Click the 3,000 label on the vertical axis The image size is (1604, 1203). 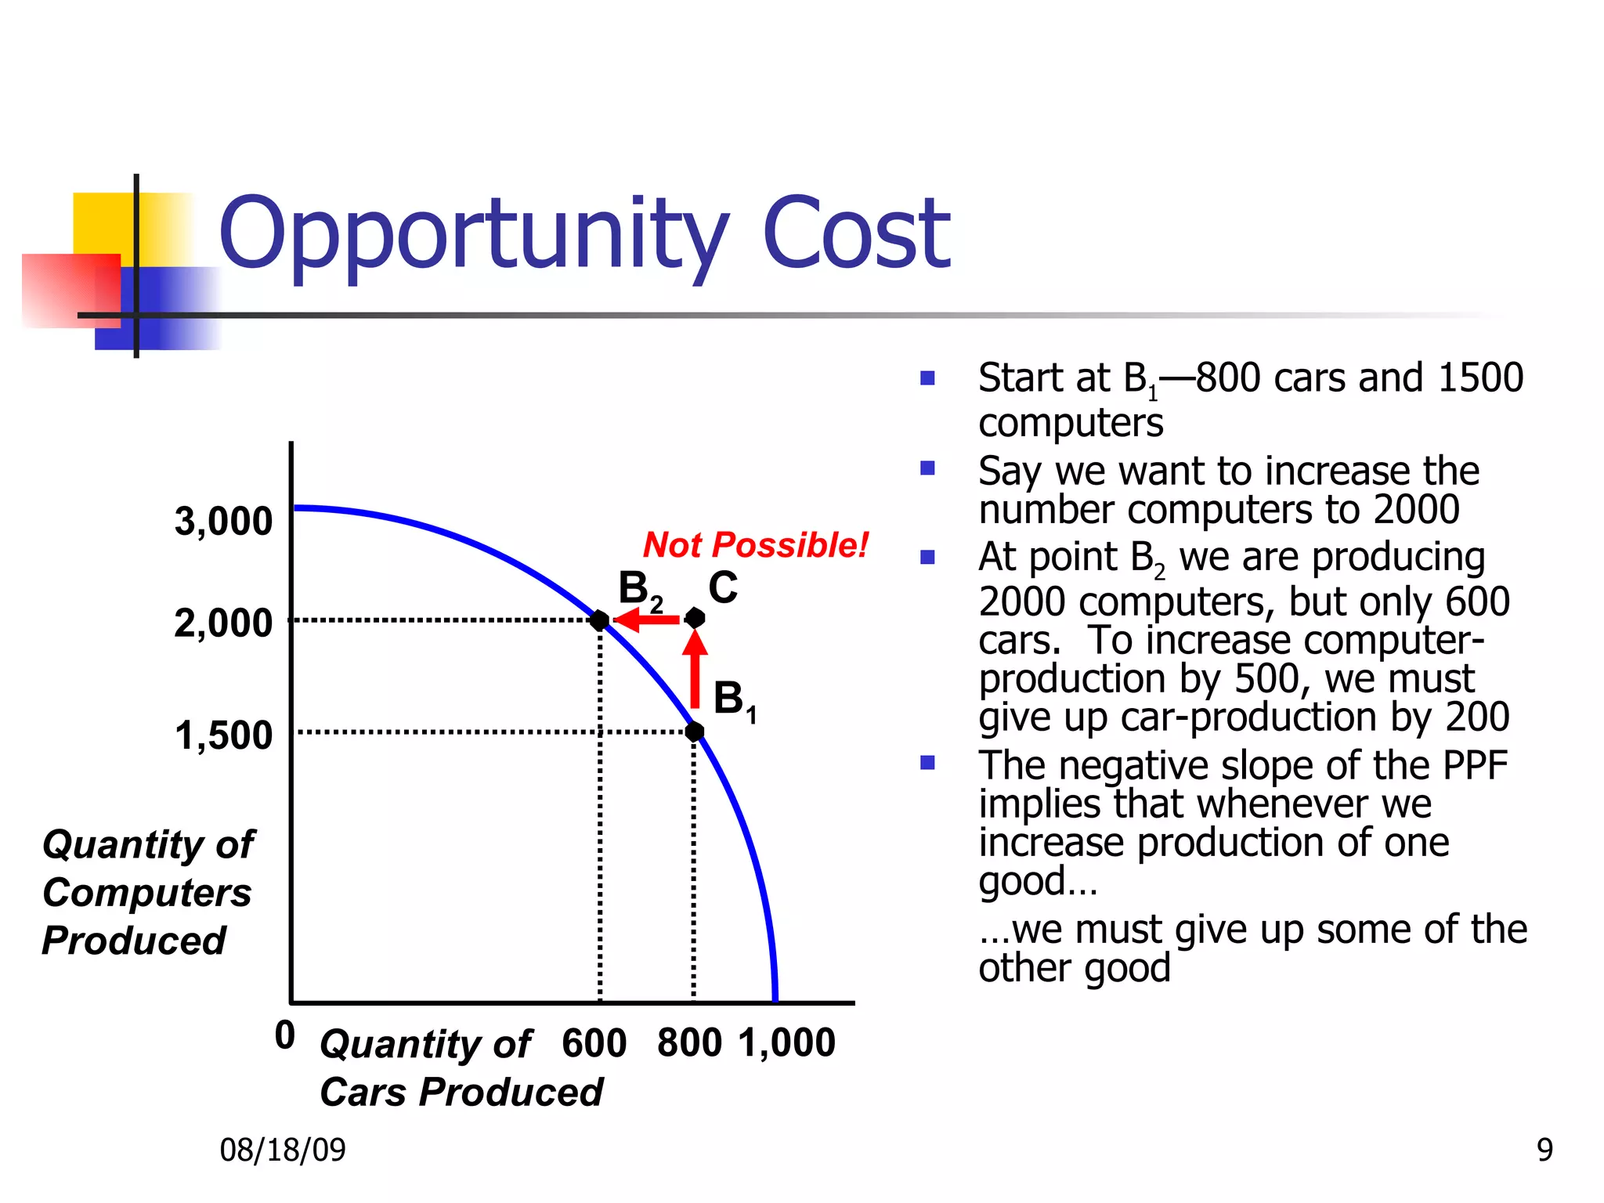[223, 522]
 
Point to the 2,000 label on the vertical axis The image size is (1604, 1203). [223, 623]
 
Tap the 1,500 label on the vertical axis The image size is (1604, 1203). [223, 735]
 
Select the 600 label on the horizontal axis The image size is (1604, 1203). [594, 1043]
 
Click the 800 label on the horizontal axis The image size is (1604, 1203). [689, 1043]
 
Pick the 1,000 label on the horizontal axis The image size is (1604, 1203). [787, 1043]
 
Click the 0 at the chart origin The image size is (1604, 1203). [285, 1035]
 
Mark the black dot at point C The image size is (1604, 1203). [695, 619]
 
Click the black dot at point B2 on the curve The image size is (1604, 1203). [600, 620]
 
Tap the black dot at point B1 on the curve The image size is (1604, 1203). [695, 732]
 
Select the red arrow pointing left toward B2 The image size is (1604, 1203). [646, 620]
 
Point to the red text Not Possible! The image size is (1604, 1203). [755, 545]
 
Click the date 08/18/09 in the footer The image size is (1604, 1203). [283, 1150]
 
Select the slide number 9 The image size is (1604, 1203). [1544, 1150]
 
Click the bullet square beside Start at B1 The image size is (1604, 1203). [928, 379]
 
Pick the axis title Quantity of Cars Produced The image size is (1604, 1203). [461, 1068]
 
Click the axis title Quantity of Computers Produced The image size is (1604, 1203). [147, 892]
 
